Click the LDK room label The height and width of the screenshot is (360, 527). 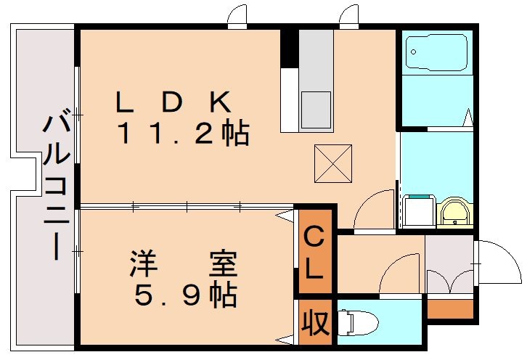click(x=173, y=102)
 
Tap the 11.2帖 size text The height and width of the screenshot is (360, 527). click(x=183, y=133)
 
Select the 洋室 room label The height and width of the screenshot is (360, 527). click(x=184, y=263)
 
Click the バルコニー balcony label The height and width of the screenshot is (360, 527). click(x=57, y=187)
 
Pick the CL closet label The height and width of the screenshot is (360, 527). click(x=314, y=252)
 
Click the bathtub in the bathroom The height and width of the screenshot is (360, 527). click(x=436, y=52)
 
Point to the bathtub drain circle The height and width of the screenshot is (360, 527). click(x=414, y=52)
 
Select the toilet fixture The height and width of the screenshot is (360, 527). click(x=358, y=323)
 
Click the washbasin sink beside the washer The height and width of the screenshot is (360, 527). click(x=455, y=213)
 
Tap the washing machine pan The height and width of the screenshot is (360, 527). click(x=418, y=210)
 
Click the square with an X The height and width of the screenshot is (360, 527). click(x=332, y=164)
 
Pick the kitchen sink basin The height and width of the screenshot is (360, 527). click(x=316, y=110)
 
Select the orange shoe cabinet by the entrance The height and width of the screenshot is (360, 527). click(x=450, y=308)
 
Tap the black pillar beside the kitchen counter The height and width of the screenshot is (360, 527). click(x=289, y=49)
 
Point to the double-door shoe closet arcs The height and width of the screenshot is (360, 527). click(x=449, y=281)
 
